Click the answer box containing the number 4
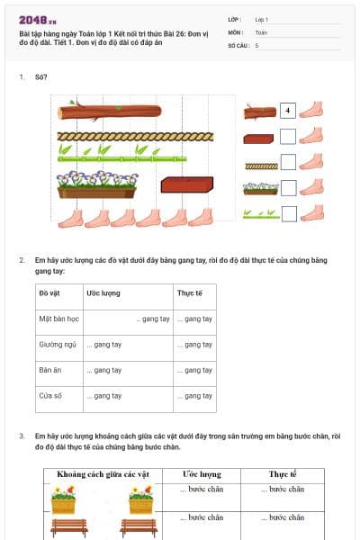click(x=288, y=111)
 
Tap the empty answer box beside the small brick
click(x=288, y=137)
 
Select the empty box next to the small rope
click(x=288, y=162)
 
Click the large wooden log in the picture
click(x=109, y=112)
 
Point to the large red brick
click(x=186, y=185)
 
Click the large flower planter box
click(x=96, y=184)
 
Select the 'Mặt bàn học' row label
click(x=57, y=319)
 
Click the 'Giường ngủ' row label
click(x=57, y=344)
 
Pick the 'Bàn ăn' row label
click(x=49, y=370)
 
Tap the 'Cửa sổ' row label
click(x=49, y=395)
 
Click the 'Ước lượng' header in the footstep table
click(x=202, y=473)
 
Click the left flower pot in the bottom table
click(x=63, y=499)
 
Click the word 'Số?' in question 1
click(x=40, y=77)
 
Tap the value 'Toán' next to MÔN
click(x=261, y=31)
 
